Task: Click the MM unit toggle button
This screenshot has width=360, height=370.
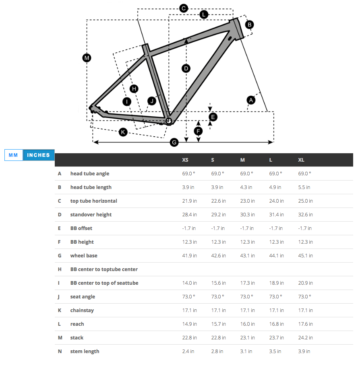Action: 13,155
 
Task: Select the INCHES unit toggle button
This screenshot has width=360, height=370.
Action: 39,155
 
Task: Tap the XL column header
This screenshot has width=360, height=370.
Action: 301,160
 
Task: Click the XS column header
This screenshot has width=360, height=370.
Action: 185,160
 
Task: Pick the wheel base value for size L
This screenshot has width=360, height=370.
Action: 276,256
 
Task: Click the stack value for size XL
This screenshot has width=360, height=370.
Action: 305,338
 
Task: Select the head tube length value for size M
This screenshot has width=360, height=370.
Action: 246,187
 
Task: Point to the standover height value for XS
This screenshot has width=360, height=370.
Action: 189,215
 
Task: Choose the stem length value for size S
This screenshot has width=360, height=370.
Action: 217,351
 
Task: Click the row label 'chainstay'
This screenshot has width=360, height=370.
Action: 82,310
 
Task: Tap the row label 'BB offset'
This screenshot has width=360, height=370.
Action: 81,228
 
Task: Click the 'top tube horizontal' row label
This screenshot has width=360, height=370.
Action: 94,201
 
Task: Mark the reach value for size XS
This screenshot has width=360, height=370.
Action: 189,324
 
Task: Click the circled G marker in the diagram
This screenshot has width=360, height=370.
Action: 174,142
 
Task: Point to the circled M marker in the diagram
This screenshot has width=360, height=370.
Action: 87,58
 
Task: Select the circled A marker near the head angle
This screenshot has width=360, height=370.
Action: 251,100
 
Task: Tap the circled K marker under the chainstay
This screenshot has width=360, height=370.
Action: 123,132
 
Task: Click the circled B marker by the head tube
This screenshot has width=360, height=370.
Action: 250,25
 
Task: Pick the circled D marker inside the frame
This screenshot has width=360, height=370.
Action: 186,68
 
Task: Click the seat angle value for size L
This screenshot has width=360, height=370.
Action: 275,297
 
